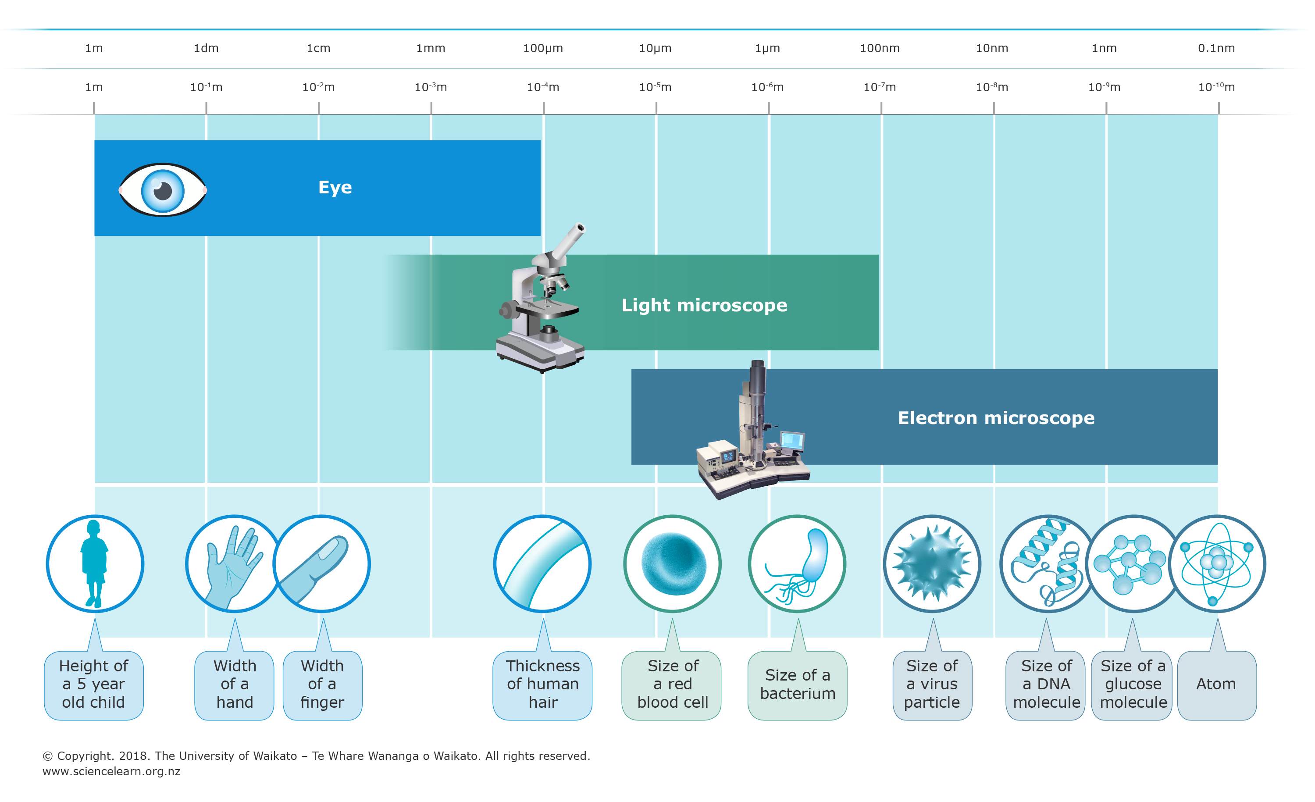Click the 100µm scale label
pyautogui.click(x=543, y=48)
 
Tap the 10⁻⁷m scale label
pyautogui.click(x=880, y=87)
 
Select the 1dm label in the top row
pyautogui.click(x=206, y=48)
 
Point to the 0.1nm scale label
pyautogui.click(x=1216, y=48)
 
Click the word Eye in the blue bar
pyautogui.click(x=335, y=187)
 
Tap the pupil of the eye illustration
pyautogui.click(x=162, y=190)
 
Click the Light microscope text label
pyautogui.click(x=704, y=305)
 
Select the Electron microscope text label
pyautogui.click(x=996, y=418)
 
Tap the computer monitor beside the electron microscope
pyautogui.click(x=792, y=441)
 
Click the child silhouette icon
pyautogui.click(x=94, y=563)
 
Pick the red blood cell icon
pyautogui.click(x=673, y=563)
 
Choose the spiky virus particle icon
pyautogui.click(x=932, y=563)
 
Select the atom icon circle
pyautogui.click(x=1217, y=563)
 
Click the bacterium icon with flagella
pyautogui.click(x=797, y=563)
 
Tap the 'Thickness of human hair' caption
pyautogui.click(x=543, y=684)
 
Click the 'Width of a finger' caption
pyautogui.click(x=322, y=684)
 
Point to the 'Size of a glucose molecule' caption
pyautogui.click(x=1133, y=684)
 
